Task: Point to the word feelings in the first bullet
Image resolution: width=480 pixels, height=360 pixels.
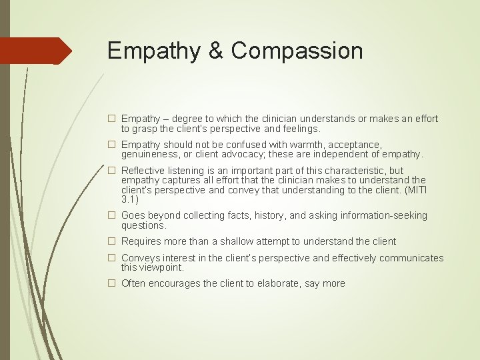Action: [299, 128]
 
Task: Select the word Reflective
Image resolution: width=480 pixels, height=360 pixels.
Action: [143, 171]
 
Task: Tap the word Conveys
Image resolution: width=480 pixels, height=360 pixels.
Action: [141, 258]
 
